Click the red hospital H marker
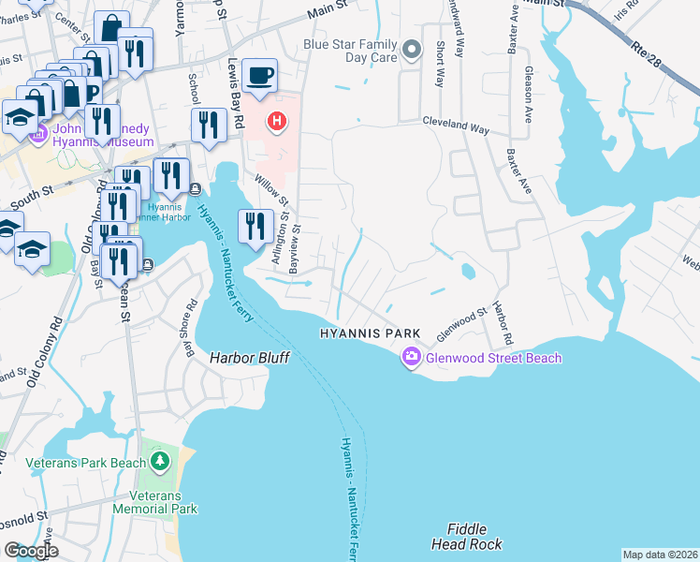coord(277,121)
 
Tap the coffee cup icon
coord(259,75)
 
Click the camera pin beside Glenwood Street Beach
coord(411,358)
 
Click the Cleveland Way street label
coord(456,122)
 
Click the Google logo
coord(32,550)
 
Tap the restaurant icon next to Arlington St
coord(253,226)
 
